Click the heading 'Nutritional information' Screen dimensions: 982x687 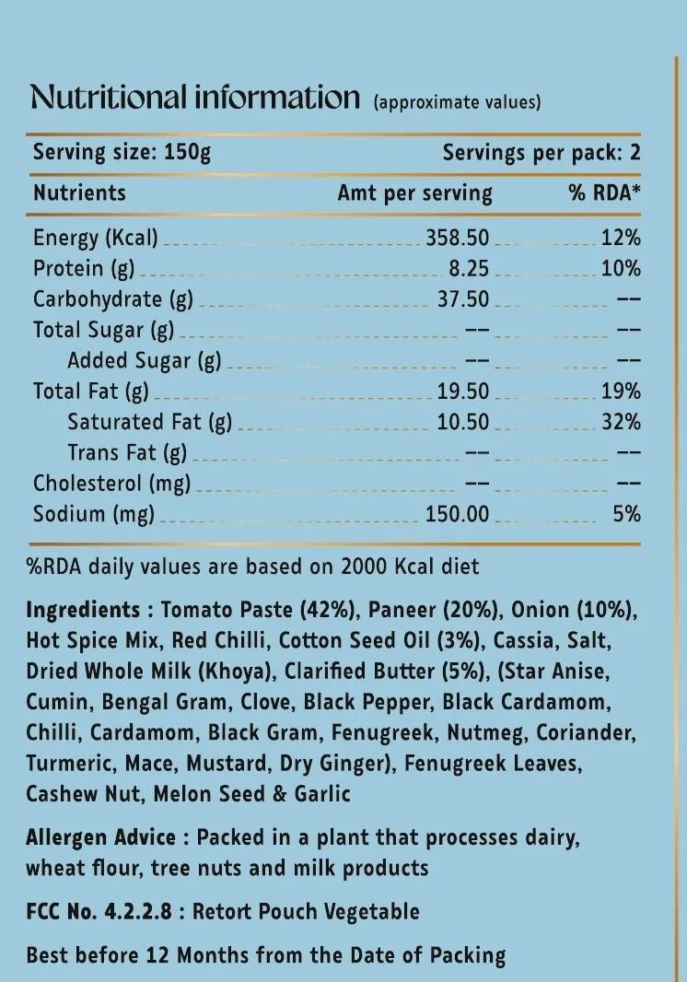pyautogui.click(x=194, y=97)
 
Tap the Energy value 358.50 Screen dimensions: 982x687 pyautogui.click(x=458, y=238)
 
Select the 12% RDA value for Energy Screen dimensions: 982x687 pyautogui.click(x=621, y=238)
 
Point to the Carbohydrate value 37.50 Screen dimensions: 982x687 pyautogui.click(x=463, y=299)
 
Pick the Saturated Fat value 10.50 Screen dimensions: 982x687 pyautogui.click(x=463, y=422)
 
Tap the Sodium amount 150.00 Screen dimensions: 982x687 pyautogui.click(x=458, y=514)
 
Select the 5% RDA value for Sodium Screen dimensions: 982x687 pyautogui.click(x=627, y=514)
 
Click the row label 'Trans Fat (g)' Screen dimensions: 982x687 pyautogui.click(x=127, y=452)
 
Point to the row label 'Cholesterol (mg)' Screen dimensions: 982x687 pyautogui.click(x=111, y=484)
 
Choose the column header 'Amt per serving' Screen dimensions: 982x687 pyautogui.click(x=414, y=193)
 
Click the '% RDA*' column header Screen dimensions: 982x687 pyautogui.click(x=604, y=193)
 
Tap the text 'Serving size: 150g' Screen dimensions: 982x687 pyautogui.click(x=122, y=152)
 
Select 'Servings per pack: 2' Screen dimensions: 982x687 pyautogui.click(x=541, y=152)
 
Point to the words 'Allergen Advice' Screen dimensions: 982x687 pyautogui.click(x=100, y=837)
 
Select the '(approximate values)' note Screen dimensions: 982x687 pyautogui.click(x=457, y=102)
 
